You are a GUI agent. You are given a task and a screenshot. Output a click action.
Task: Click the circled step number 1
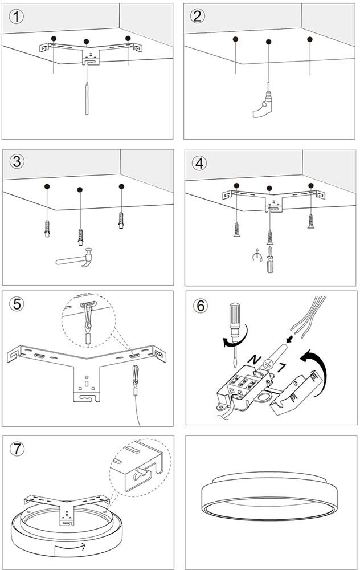tap(18, 16)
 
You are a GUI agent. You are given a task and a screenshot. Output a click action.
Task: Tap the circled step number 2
tap(198, 16)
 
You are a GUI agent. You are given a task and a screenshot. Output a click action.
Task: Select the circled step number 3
tap(18, 161)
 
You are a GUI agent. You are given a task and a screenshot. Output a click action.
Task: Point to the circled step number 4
tap(199, 162)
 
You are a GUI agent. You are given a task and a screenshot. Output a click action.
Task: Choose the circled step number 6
tap(200, 306)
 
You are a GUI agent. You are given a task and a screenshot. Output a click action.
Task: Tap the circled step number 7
tap(18, 449)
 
